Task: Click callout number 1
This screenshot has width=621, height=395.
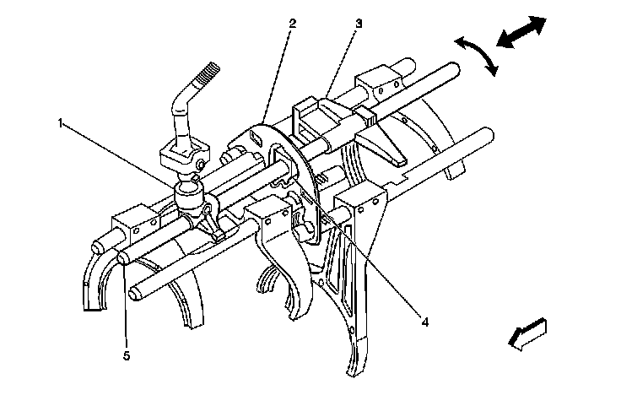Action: coord(62,124)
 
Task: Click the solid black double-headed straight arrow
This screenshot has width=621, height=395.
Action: coord(521,31)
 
